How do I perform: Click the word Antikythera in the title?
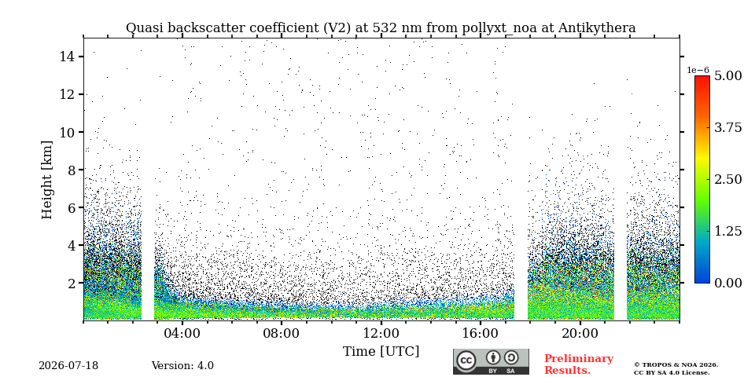597,28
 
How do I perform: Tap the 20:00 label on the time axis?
580,333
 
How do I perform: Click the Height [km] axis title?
46,180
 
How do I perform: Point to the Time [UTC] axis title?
381,352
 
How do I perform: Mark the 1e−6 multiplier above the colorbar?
698,70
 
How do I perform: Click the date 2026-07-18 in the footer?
68,366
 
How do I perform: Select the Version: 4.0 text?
182,366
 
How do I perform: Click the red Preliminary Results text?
579,364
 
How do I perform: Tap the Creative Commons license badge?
491,361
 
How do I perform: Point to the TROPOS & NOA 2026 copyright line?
676,365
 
